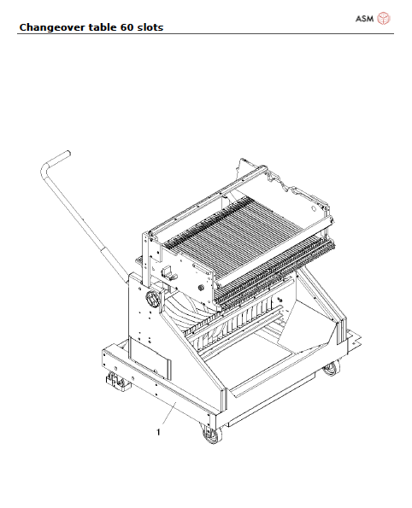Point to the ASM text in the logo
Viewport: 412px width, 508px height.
pos(363,19)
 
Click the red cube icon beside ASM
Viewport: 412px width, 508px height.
pos(384,19)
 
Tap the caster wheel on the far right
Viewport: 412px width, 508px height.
pos(331,369)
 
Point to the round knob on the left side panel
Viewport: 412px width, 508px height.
pos(155,300)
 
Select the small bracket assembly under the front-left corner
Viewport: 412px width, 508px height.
pos(112,384)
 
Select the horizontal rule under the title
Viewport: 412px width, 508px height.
pos(205,34)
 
